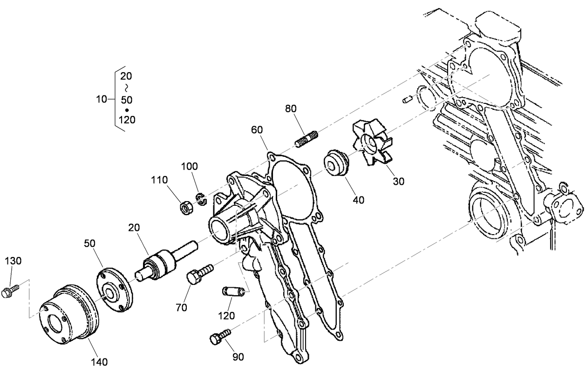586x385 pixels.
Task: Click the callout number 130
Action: tap(13, 261)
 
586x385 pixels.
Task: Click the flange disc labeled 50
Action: tap(114, 290)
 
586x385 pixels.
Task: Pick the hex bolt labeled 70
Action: tap(198, 274)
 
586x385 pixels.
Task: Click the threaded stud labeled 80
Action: tap(307, 139)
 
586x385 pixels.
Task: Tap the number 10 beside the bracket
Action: tap(102, 99)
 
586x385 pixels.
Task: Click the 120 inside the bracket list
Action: tap(127, 120)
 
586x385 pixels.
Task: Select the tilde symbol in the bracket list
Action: tap(126, 88)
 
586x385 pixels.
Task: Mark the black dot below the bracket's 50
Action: tap(127, 110)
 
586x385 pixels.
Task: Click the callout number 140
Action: tap(99, 362)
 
